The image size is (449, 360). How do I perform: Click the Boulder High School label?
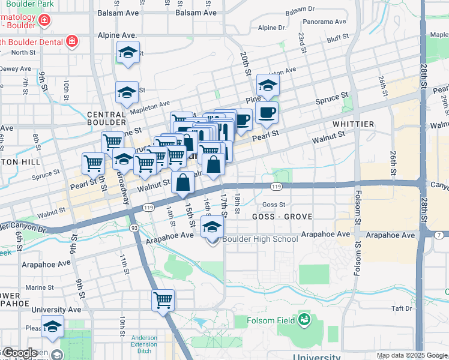[260, 239]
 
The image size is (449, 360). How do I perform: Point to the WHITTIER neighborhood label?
[354, 124]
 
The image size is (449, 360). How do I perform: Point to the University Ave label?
[56, 310]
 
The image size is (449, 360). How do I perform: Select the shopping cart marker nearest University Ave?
[163, 300]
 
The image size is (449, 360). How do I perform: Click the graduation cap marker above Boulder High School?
[211, 227]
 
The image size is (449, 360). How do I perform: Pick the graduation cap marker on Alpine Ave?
[128, 52]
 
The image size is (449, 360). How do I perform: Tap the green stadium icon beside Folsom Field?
[304, 319]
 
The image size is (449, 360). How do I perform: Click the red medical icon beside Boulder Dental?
[72, 41]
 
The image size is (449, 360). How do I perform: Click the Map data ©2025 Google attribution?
[411, 355]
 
